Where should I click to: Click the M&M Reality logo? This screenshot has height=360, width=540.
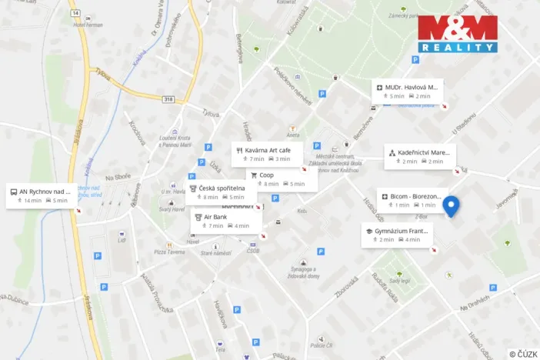[458, 34]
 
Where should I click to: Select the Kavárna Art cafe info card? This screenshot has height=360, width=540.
[266, 154]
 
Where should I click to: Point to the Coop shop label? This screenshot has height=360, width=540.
[277, 179]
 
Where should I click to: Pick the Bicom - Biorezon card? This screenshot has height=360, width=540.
[409, 201]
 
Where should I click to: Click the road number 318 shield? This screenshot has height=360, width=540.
[168, 99]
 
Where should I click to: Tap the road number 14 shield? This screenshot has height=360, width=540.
[74, 13]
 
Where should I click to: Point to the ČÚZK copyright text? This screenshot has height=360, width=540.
[523, 353]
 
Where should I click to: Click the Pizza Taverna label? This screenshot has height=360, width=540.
[170, 252]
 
